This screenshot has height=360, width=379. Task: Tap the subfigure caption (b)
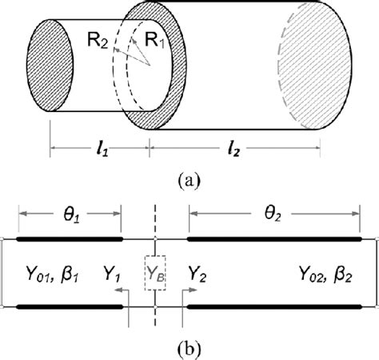coord(190,349)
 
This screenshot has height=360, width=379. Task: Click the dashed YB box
coord(154,272)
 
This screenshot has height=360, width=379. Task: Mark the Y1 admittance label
coord(113,272)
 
